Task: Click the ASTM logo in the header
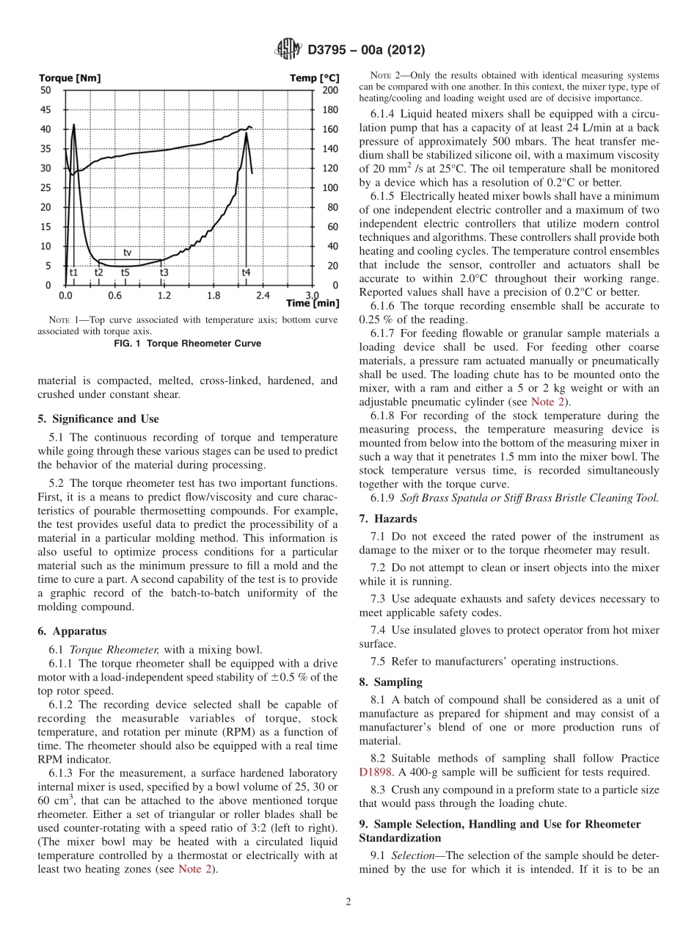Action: [x=288, y=50]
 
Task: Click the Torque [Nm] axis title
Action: [x=70, y=78]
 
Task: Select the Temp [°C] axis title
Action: [x=314, y=78]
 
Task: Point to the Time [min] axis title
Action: [x=313, y=303]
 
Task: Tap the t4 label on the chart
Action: [x=247, y=272]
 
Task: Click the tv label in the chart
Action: [x=128, y=253]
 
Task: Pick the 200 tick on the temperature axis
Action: [x=331, y=90]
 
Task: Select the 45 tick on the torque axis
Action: [x=45, y=109]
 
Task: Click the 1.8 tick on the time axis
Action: [x=213, y=296]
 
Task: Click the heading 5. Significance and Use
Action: [x=98, y=419]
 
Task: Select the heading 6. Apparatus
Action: [x=72, y=631]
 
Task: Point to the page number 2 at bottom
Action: [x=348, y=902]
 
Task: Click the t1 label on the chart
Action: [x=73, y=272]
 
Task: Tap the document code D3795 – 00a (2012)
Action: [x=366, y=51]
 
